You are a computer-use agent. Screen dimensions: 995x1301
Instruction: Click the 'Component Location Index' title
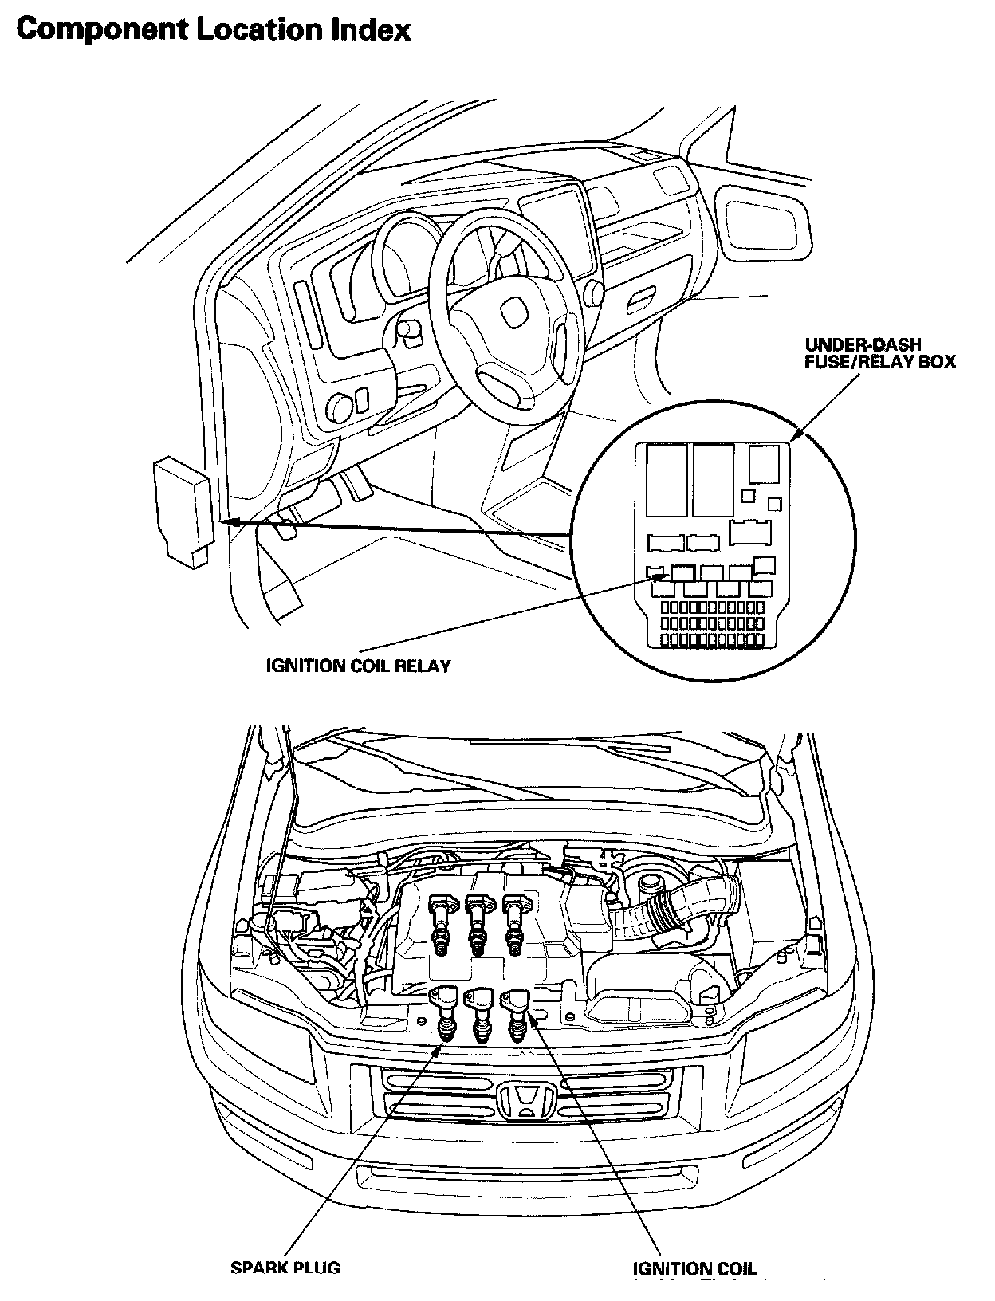pos(214,29)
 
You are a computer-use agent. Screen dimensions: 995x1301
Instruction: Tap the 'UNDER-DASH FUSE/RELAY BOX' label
pos(880,353)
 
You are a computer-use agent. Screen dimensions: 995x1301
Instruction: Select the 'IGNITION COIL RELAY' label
pos(358,666)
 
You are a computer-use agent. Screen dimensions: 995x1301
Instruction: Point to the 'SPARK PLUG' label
pos(285,1268)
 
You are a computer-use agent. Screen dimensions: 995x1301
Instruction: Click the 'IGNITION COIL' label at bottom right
pos(694,1269)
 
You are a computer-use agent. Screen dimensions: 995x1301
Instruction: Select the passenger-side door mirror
pos(763,222)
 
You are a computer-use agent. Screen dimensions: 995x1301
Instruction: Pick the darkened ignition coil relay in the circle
pos(683,572)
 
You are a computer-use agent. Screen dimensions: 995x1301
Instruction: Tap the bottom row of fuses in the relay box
pos(712,639)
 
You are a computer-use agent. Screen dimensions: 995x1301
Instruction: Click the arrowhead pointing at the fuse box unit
pos(228,521)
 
